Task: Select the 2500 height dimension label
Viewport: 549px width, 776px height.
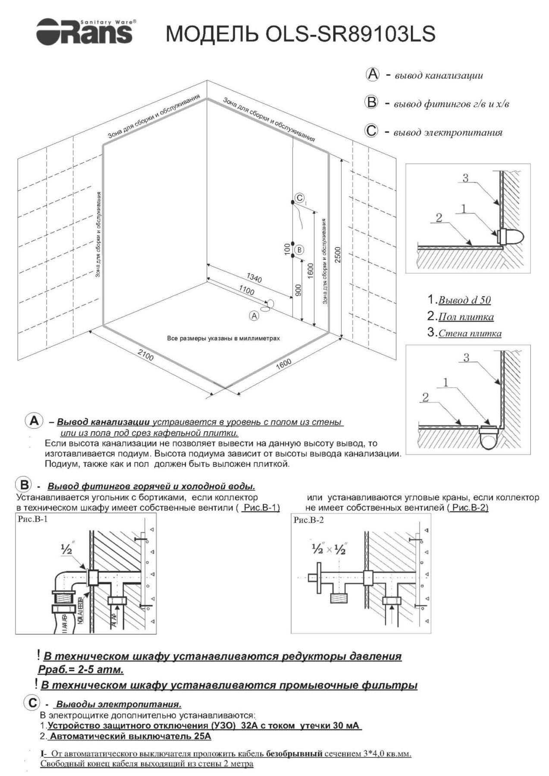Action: pyautogui.click(x=338, y=255)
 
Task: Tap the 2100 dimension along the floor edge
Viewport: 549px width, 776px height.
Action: pyautogui.click(x=145, y=356)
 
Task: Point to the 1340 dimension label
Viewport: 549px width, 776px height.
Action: pyautogui.click(x=254, y=278)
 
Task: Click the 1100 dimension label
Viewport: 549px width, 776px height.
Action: pyautogui.click(x=246, y=291)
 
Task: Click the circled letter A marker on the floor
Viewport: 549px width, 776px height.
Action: pyautogui.click(x=254, y=316)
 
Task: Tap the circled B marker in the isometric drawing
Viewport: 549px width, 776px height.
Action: pyautogui.click(x=299, y=250)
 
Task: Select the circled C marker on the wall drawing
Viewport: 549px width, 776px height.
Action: pyautogui.click(x=299, y=198)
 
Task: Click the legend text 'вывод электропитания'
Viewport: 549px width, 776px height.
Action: pyautogui.click(x=448, y=132)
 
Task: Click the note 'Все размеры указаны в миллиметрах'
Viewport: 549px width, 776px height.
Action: pyautogui.click(x=223, y=338)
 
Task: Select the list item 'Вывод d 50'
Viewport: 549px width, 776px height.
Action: pyautogui.click(x=464, y=300)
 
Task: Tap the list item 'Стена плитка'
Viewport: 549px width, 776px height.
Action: pyautogui.click(x=470, y=333)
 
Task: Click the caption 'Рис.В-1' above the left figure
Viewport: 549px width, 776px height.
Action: pyautogui.click(x=33, y=519)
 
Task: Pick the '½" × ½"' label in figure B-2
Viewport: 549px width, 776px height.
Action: pyautogui.click(x=329, y=549)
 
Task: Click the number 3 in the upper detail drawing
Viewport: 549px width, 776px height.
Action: pyautogui.click(x=465, y=178)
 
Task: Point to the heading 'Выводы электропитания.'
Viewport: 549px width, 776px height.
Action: pyautogui.click(x=119, y=704)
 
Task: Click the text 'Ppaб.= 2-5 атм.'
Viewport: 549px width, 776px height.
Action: pyautogui.click(x=81, y=670)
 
